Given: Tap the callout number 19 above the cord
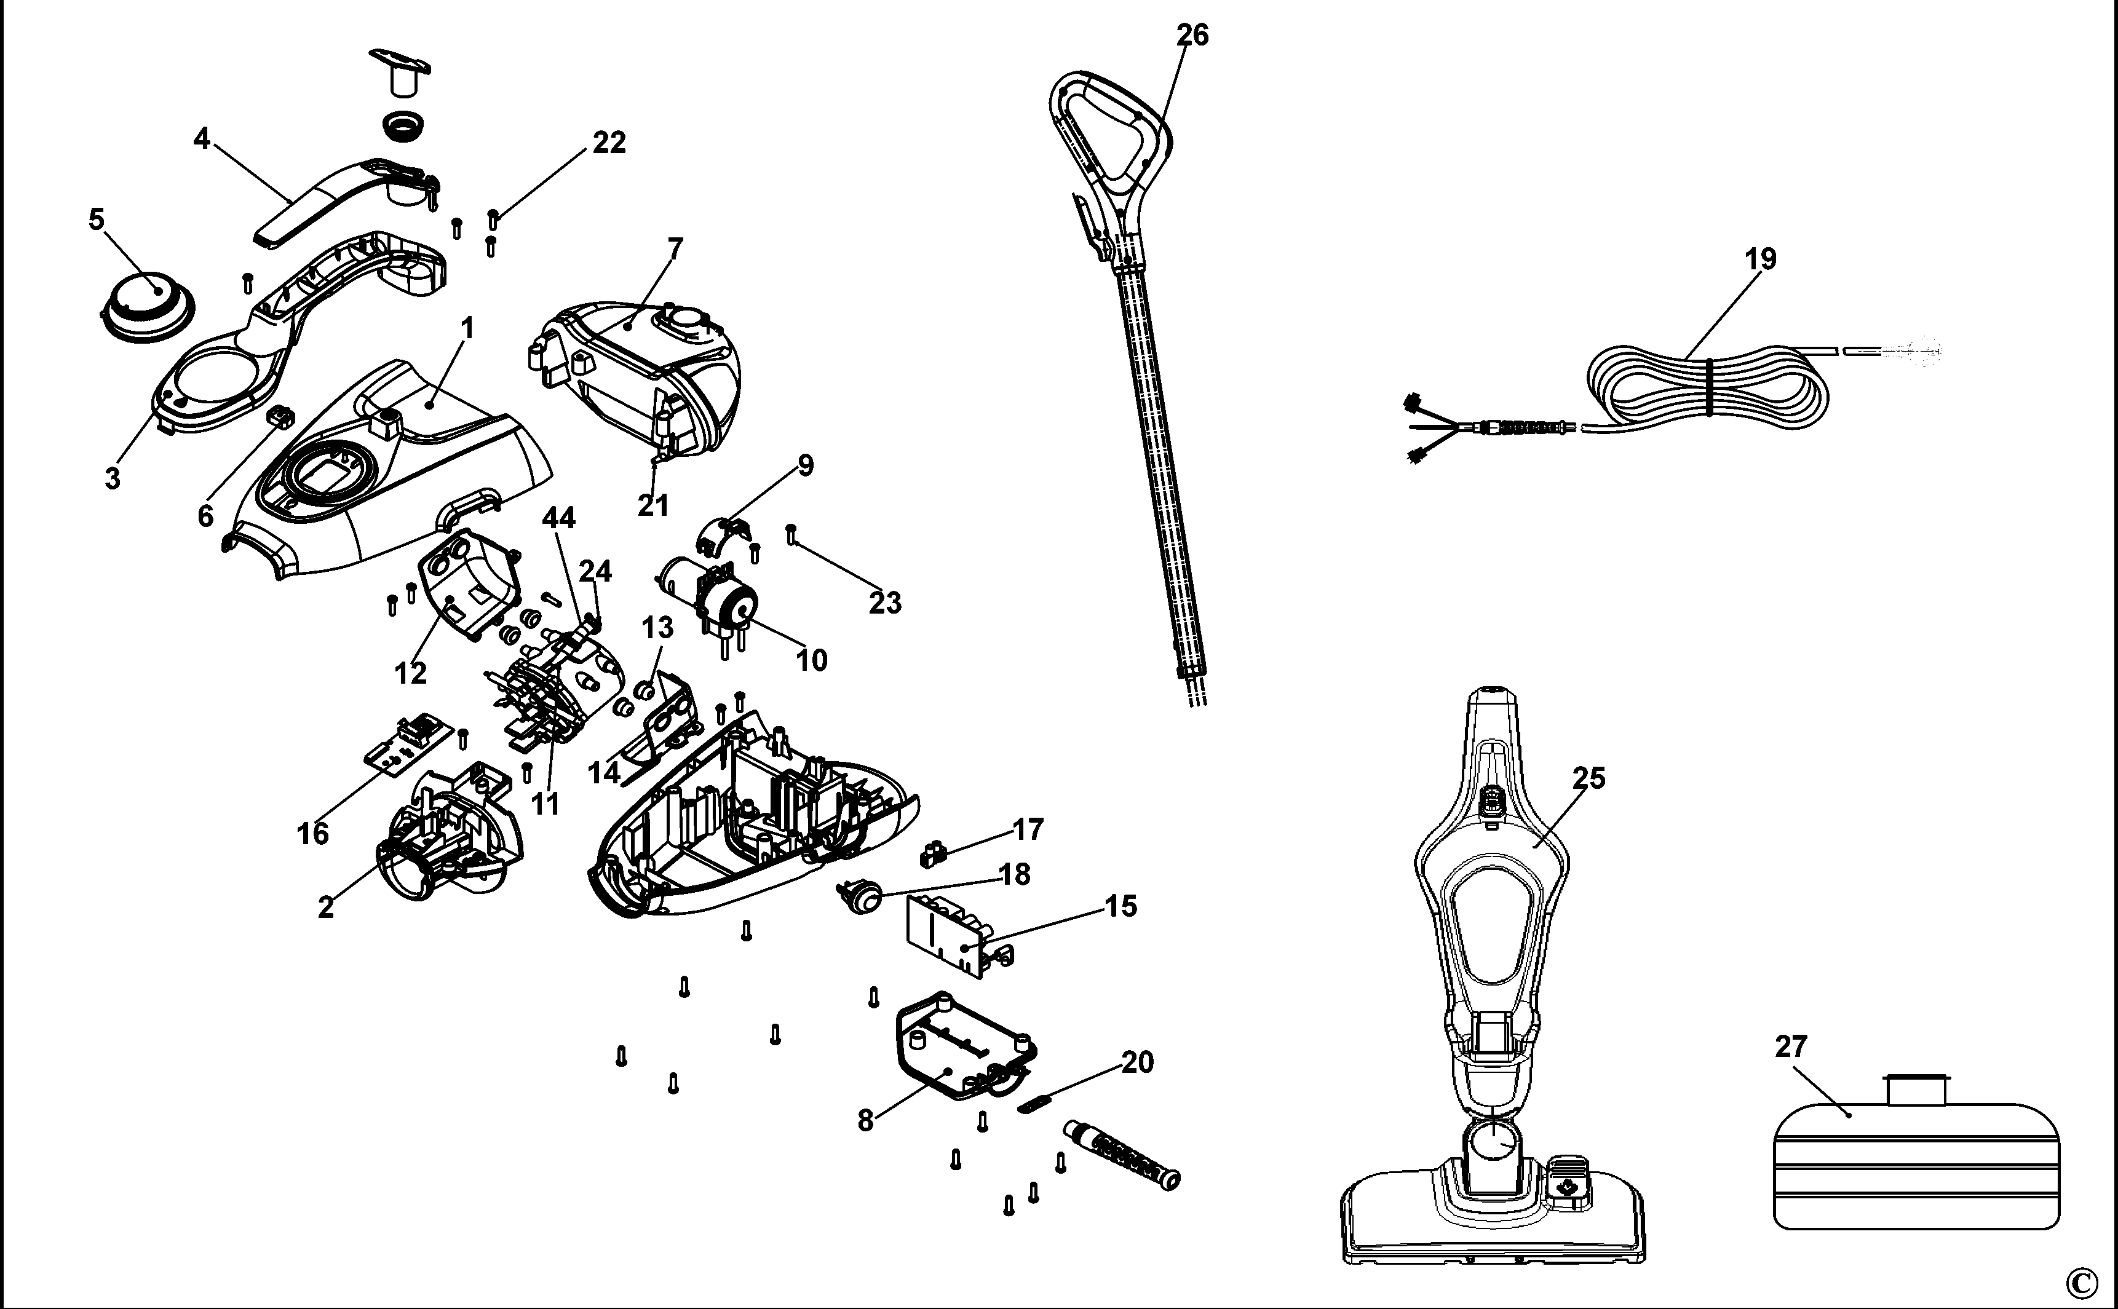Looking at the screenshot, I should (x=1760, y=259).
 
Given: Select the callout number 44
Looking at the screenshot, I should (x=558, y=518).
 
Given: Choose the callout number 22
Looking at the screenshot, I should (x=609, y=143).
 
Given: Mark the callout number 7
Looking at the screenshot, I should (x=675, y=250).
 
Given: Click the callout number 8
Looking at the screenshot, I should (x=865, y=1120).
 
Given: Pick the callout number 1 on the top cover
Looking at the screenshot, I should (x=467, y=329).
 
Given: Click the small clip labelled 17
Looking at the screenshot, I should (x=932, y=855).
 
